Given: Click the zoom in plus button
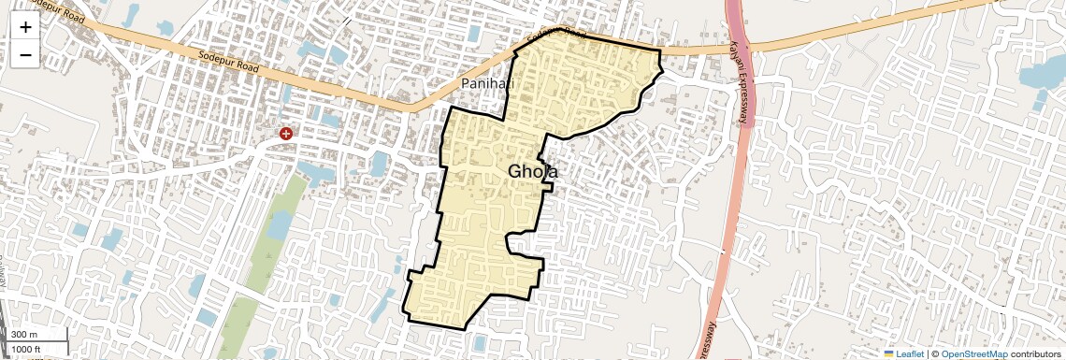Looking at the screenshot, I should click(25, 27).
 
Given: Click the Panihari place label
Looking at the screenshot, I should click(488, 84).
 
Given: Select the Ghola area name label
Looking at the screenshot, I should click(534, 172).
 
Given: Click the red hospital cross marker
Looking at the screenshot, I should click(286, 135).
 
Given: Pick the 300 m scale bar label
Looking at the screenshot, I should click(24, 335).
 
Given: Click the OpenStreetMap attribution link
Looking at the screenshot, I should click(974, 354).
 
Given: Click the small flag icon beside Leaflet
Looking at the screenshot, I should click(889, 354).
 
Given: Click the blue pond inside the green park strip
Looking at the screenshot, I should click(279, 223).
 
